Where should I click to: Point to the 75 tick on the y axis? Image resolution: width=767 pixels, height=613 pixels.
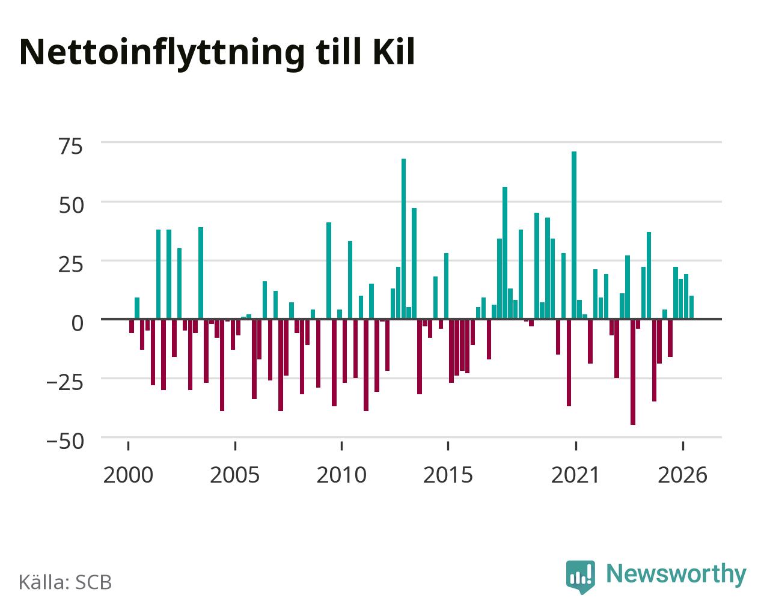click(71, 146)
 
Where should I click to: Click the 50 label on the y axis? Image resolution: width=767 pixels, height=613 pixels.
click(71, 206)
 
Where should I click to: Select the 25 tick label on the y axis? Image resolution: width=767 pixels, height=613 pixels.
click(71, 264)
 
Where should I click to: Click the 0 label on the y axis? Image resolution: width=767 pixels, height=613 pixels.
click(78, 323)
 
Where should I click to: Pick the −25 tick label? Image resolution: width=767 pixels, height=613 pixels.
click(66, 382)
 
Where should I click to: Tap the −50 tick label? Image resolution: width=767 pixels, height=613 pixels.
click(66, 441)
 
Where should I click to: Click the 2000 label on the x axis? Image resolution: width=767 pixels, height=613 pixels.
click(128, 475)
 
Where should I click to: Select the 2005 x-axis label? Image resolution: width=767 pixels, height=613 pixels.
click(235, 475)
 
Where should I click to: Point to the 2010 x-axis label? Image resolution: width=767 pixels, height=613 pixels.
click(341, 475)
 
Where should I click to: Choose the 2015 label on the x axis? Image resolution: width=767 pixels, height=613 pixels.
click(448, 475)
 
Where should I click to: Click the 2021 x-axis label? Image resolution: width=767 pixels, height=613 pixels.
click(576, 475)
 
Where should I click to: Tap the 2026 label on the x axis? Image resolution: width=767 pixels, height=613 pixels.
click(682, 475)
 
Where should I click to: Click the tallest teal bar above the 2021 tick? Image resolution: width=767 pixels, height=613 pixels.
click(574, 235)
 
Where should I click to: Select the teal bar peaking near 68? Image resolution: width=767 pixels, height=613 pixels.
click(403, 239)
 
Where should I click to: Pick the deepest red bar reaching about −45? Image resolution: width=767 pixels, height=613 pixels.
click(632, 372)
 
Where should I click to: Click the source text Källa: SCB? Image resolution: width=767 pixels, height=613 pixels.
click(66, 582)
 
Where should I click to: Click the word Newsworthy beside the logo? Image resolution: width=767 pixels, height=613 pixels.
click(676, 575)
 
